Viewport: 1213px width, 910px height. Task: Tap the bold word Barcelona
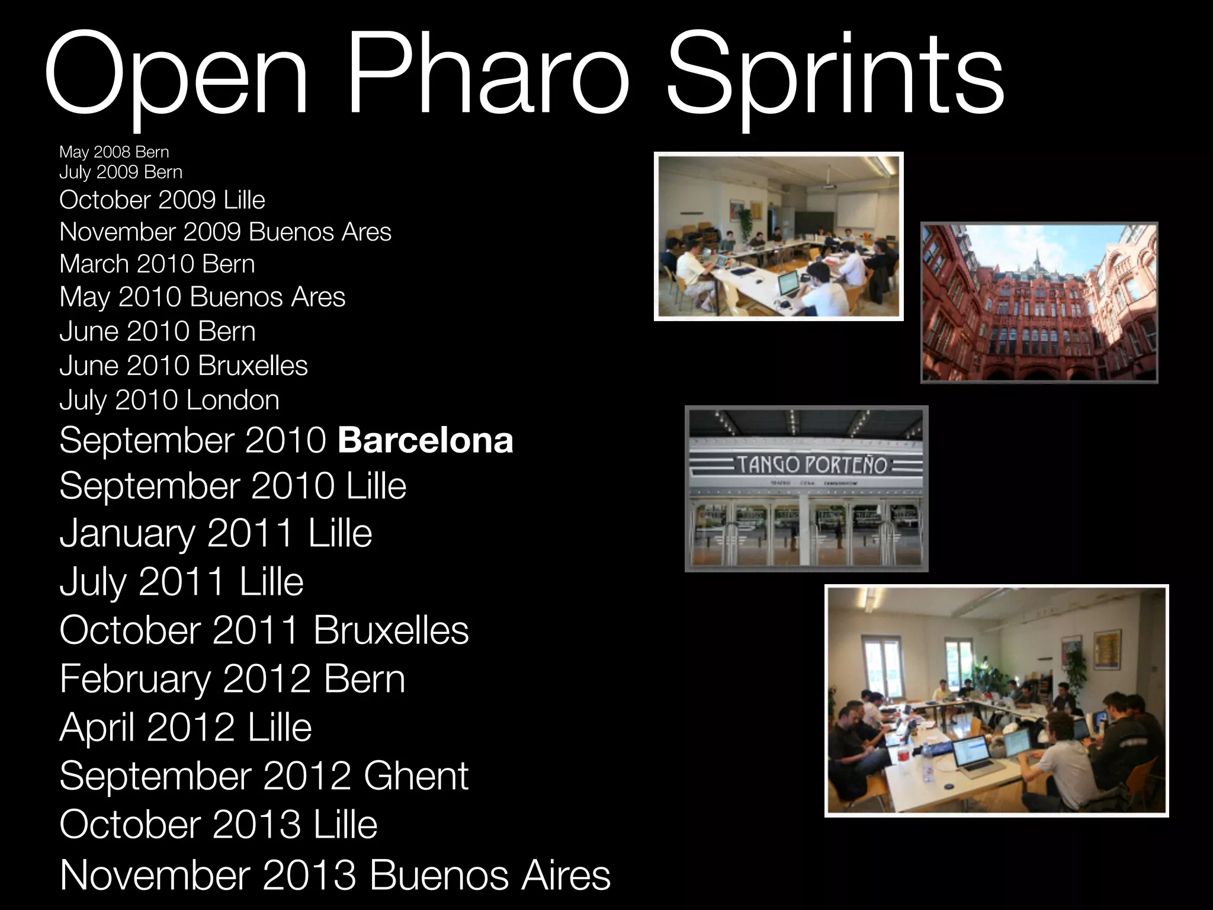coord(425,440)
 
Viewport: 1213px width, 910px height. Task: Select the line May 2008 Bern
coord(114,152)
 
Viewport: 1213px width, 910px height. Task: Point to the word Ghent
coord(416,776)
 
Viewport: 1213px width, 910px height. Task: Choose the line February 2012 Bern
coord(232,679)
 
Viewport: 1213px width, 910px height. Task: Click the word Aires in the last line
coord(565,875)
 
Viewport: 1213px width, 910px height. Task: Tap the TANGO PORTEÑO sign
coord(811,464)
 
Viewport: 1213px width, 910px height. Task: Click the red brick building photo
coord(1039,303)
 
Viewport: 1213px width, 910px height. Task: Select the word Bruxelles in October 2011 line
coord(391,630)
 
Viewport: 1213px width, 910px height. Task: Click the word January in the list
coord(127,533)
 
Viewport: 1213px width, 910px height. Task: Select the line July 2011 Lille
coord(181,581)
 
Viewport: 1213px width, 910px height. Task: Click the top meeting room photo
coord(778,236)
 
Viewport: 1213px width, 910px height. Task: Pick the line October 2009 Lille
coord(162,200)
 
